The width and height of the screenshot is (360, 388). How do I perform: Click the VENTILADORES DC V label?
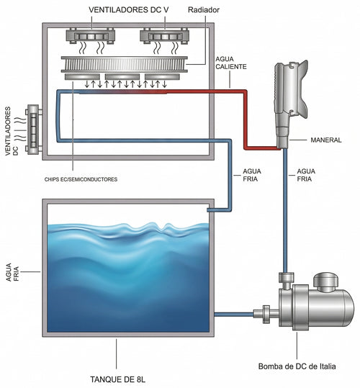[x=129, y=10]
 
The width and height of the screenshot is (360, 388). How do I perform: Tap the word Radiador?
[x=204, y=10]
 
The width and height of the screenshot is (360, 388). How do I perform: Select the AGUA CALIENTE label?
[x=231, y=63]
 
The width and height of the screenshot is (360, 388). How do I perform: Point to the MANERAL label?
[x=326, y=140]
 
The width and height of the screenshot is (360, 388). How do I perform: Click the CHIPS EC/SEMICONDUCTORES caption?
[x=81, y=179]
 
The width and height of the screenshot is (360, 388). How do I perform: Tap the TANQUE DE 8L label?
[x=118, y=379]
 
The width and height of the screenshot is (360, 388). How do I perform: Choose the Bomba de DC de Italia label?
[x=297, y=366]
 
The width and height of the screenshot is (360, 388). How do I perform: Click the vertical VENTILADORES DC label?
[x=12, y=131]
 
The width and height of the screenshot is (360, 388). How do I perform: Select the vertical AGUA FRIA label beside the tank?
[x=12, y=272]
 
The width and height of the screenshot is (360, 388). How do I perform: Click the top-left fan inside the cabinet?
[x=91, y=37]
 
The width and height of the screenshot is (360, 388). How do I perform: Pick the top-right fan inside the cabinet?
[x=165, y=36]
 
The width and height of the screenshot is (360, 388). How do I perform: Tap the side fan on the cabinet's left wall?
[x=34, y=130]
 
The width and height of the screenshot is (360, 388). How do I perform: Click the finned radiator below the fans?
[x=125, y=64]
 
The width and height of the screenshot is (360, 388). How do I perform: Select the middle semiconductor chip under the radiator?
[x=122, y=77]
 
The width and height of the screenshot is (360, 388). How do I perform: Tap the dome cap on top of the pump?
[x=326, y=281]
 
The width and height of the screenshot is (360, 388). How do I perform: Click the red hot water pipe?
[x=245, y=119]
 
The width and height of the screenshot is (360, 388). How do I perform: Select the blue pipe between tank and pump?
[x=234, y=315]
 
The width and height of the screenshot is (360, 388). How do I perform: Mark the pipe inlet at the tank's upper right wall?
[x=210, y=210]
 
